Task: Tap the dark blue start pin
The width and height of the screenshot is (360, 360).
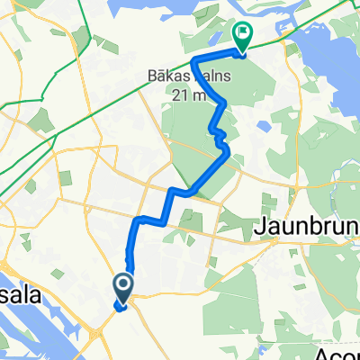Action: (x=121, y=288)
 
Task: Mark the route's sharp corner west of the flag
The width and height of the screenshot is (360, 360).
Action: (x=194, y=60)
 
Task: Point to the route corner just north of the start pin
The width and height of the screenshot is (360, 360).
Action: (x=136, y=221)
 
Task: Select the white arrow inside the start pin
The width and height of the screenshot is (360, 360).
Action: (x=121, y=286)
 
